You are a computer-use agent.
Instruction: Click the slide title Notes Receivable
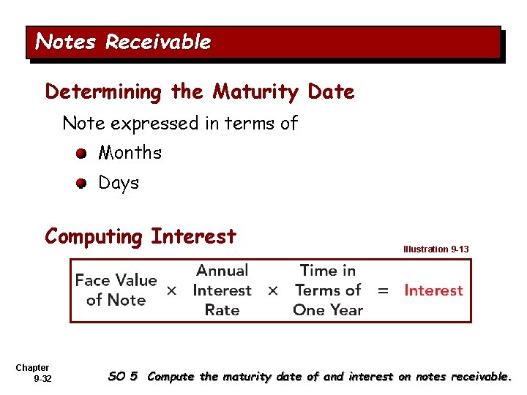123,42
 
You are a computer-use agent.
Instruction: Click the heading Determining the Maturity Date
199,92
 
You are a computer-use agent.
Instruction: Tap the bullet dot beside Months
82,154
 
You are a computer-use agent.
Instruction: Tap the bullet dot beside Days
82,184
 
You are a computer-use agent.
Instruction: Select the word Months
130,153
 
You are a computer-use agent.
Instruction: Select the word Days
119,183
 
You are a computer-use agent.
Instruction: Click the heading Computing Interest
141,237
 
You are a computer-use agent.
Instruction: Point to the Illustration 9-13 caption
436,249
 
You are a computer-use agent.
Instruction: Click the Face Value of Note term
116,290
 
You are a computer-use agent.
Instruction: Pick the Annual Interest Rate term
222,290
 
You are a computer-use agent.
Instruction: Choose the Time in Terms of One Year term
327,290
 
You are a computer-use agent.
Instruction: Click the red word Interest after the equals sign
433,290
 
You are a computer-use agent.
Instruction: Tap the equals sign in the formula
382,290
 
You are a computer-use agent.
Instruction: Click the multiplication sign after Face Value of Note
171,290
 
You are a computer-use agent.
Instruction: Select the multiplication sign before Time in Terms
272,290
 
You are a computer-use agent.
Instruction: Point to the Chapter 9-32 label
33,373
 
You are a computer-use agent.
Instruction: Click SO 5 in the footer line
122,377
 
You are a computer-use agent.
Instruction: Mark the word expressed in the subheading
156,123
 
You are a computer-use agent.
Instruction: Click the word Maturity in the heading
255,92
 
